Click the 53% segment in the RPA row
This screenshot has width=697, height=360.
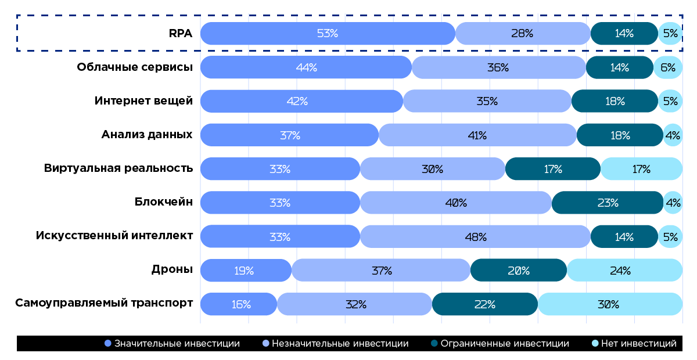click(328, 34)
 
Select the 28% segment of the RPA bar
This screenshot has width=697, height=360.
click(522, 34)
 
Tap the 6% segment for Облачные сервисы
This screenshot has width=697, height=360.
click(667, 67)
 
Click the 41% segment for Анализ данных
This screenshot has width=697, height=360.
click(477, 135)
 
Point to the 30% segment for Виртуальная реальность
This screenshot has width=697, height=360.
click(432, 169)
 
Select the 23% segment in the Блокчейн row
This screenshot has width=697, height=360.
click(608, 203)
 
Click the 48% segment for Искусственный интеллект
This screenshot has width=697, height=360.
click(475, 237)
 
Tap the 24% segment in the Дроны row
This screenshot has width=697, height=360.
click(624, 271)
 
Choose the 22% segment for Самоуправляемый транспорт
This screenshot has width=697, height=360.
click(484, 304)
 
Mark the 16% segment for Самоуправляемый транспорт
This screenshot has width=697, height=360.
click(239, 304)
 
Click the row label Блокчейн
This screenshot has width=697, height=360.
click(163, 202)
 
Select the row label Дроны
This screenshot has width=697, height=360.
click(171, 269)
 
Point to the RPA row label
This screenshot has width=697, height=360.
click(181, 34)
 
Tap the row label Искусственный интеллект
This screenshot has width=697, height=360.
click(114, 236)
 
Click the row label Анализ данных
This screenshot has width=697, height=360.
click(147, 135)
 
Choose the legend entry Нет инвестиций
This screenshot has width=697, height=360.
click(638, 343)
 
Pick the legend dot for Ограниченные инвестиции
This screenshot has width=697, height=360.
click(434, 343)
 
